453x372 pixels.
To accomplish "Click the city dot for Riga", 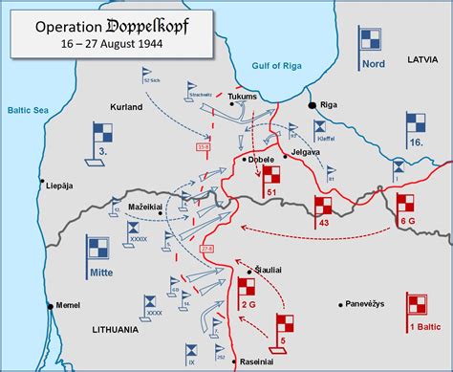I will click(x=312, y=103).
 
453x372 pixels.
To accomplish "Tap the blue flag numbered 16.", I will click(x=416, y=127).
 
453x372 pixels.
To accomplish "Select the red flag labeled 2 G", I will click(x=247, y=289).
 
